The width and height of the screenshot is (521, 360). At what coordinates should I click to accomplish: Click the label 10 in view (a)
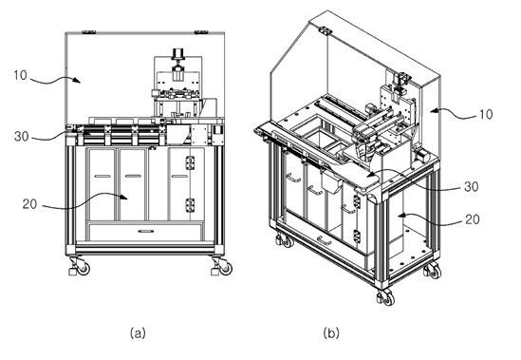pos(20,75)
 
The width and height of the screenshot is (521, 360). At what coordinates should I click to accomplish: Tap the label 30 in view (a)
pos(22,137)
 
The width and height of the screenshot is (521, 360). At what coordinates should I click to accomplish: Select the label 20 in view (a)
pos(29,204)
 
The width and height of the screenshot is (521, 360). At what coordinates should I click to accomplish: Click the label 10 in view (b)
pos(486,114)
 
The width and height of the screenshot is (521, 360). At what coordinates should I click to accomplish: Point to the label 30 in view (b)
pos(472,187)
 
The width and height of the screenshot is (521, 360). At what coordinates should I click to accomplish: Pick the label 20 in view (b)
pos(473,219)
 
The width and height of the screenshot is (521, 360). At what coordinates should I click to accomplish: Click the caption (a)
pos(138,332)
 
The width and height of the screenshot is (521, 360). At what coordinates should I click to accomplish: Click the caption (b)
pos(331,332)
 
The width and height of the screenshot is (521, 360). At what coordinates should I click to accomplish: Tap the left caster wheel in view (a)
pos(84,268)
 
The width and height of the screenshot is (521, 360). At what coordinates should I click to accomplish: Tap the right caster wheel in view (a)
pos(226,268)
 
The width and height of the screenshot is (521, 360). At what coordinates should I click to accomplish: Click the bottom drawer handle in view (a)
pos(146,231)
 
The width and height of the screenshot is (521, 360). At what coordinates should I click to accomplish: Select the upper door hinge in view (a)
pos(190,163)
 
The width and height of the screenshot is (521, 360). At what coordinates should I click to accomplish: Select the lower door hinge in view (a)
pos(190,205)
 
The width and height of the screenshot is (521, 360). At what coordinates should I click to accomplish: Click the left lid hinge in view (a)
pos(89,32)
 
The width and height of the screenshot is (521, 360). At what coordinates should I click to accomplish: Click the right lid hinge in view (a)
pos(201,32)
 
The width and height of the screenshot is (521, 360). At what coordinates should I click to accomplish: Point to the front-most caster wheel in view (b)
pos(387,297)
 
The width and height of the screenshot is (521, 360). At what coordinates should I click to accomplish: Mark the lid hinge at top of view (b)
pos(326,31)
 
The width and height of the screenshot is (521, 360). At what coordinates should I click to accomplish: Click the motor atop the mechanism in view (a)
pos(177,53)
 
